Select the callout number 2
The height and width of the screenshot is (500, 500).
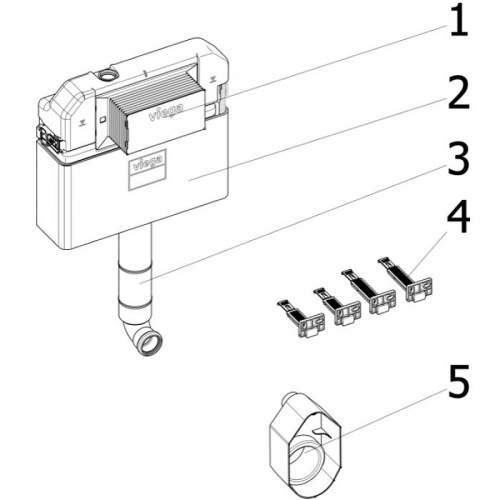click(x=459, y=93)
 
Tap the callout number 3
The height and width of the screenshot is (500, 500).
click(x=459, y=159)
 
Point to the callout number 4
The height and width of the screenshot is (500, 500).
click(x=459, y=218)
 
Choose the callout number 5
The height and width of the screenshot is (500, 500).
click(x=459, y=382)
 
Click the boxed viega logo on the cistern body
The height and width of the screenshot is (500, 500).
click(x=147, y=162)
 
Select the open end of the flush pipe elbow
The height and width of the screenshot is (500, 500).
click(x=152, y=344)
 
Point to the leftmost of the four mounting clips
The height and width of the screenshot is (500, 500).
click(x=301, y=319)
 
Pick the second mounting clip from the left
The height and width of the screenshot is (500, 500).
click(x=337, y=307)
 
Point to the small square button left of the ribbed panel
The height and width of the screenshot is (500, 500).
click(x=103, y=119)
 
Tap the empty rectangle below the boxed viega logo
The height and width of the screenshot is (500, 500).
click(x=147, y=180)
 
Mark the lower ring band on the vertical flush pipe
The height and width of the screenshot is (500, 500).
click(x=134, y=304)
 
